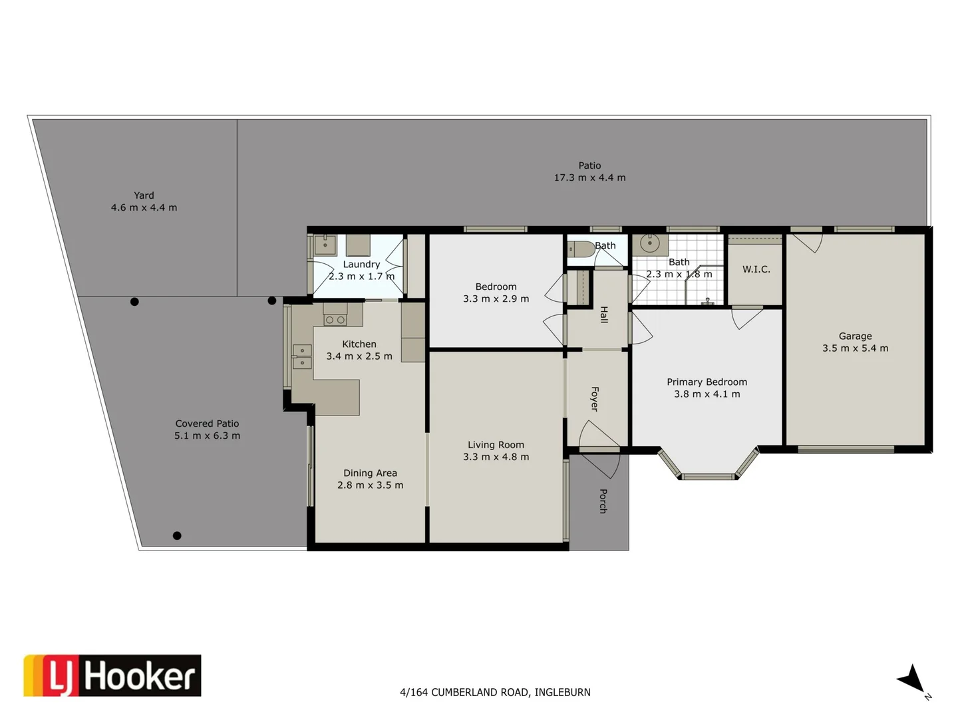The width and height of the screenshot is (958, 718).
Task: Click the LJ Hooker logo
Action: click(112, 675)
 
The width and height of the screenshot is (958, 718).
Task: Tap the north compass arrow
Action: click(911, 682)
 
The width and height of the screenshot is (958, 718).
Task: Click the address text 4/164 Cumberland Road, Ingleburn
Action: click(496, 692)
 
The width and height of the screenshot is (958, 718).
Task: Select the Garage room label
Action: click(855, 336)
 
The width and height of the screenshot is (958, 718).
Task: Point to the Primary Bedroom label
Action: click(707, 382)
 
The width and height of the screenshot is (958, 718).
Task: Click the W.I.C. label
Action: click(756, 269)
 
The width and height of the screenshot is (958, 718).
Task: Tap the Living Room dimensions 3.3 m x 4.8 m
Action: click(496, 457)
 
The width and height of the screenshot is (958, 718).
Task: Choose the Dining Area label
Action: click(370, 473)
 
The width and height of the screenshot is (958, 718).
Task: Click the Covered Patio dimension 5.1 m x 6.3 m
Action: click(208, 435)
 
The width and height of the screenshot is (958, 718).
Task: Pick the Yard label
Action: click(144, 195)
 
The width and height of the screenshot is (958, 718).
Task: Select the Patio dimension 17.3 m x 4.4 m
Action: click(589, 178)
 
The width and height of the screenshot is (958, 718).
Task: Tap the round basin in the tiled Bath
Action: click(650, 243)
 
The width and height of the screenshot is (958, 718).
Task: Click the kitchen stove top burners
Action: click(335, 320)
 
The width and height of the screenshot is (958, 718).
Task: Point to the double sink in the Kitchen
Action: click(302, 356)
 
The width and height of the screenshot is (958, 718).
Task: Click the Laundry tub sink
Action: click(325, 245)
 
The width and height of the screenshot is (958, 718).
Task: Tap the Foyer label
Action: click(595, 399)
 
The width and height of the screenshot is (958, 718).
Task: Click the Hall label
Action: click(604, 314)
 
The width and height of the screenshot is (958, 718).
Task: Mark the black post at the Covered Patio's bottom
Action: click(177, 536)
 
